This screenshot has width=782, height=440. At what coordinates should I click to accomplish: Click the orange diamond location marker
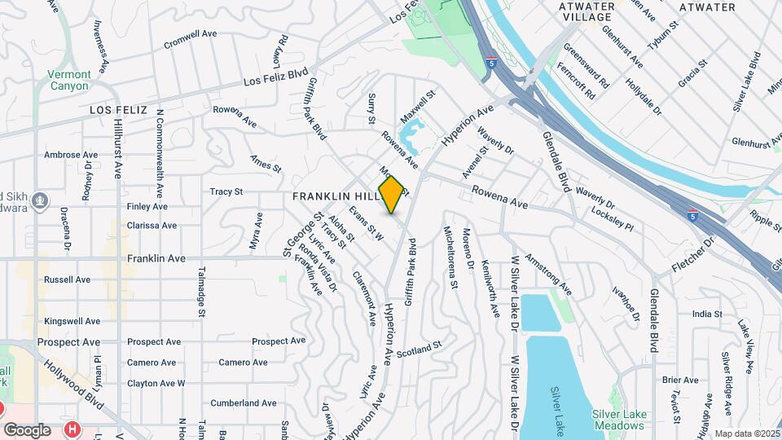point(392,195)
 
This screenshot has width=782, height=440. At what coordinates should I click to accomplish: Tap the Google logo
point(27,429)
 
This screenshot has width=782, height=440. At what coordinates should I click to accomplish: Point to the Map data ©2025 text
point(745,434)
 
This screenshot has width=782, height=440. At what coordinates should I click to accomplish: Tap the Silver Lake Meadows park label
point(620,420)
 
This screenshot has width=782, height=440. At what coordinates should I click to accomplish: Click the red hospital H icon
point(73,429)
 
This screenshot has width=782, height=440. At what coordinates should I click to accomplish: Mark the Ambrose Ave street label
point(71,155)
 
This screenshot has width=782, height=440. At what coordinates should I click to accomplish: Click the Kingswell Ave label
point(72,321)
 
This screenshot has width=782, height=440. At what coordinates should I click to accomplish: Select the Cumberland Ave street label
point(244,403)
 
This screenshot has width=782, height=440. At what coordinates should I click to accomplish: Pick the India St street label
point(707,314)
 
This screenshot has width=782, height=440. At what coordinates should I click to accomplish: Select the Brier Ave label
point(679,380)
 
